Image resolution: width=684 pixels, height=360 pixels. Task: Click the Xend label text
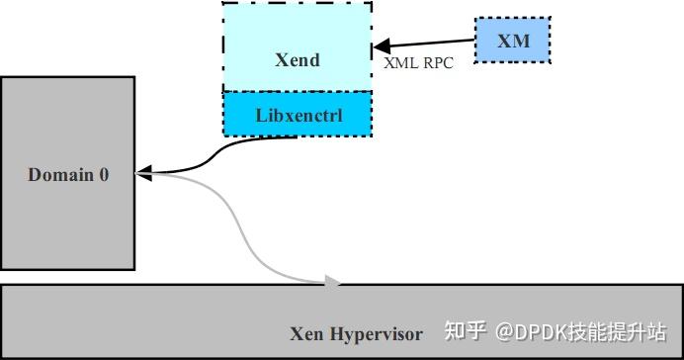pyautogui.click(x=297, y=59)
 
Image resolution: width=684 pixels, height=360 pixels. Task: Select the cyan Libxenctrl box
pyautogui.click(x=298, y=114)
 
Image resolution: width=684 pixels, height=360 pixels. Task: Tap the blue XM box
pyautogui.click(x=512, y=41)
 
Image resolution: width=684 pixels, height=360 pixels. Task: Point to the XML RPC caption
pyautogui.click(x=418, y=61)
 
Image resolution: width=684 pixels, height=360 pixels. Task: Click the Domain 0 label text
pyautogui.click(x=68, y=175)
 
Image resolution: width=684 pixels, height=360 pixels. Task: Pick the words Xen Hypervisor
pyautogui.click(x=356, y=333)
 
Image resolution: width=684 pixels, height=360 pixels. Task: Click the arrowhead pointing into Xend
pyautogui.click(x=381, y=45)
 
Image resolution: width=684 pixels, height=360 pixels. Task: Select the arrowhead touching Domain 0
pyautogui.click(x=141, y=174)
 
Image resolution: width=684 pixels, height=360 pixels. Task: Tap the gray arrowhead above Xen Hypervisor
pyautogui.click(x=333, y=282)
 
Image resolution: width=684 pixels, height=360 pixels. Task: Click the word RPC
pyautogui.click(x=437, y=61)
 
